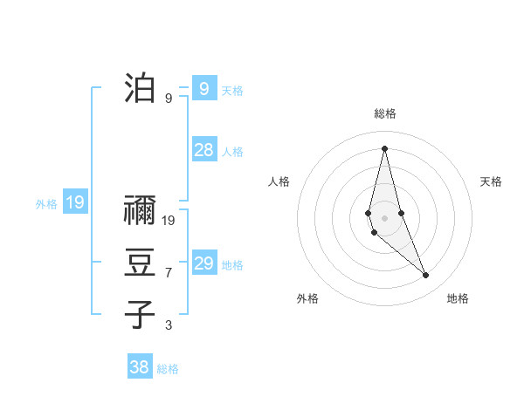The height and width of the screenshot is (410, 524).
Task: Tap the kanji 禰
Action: (x=140, y=212)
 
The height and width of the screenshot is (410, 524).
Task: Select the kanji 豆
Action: (x=140, y=263)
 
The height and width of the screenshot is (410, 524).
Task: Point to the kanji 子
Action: (x=140, y=313)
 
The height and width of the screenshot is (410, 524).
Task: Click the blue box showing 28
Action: (x=204, y=150)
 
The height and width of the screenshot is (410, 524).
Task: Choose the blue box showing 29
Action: (x=204, y=263)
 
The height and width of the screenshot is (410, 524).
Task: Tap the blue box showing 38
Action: (x=140, y=367)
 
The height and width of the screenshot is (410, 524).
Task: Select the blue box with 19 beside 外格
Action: (x=75, y=203)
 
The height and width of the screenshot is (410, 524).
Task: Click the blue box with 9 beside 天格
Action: (x=204, y=88)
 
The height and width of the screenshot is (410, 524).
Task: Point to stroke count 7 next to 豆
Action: (x=169, y=273)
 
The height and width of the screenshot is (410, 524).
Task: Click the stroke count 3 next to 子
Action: (x=169, y=325)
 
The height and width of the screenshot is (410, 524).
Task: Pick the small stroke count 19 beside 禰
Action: (x=169, y=221)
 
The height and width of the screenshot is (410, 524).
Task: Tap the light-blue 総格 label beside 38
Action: (x=168, y=369)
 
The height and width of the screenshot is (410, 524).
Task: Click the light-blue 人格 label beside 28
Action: (x=232, y=152)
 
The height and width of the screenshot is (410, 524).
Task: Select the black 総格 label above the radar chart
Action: (x=384, y=113)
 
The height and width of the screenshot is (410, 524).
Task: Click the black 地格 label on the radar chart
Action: (x=458, y=298)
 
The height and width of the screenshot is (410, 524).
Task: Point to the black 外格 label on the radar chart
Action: (x=307, y=298)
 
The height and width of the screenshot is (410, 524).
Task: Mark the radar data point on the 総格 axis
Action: (x=384, y=148)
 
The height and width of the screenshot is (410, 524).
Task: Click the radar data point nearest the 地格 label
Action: (x=425, y=275)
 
